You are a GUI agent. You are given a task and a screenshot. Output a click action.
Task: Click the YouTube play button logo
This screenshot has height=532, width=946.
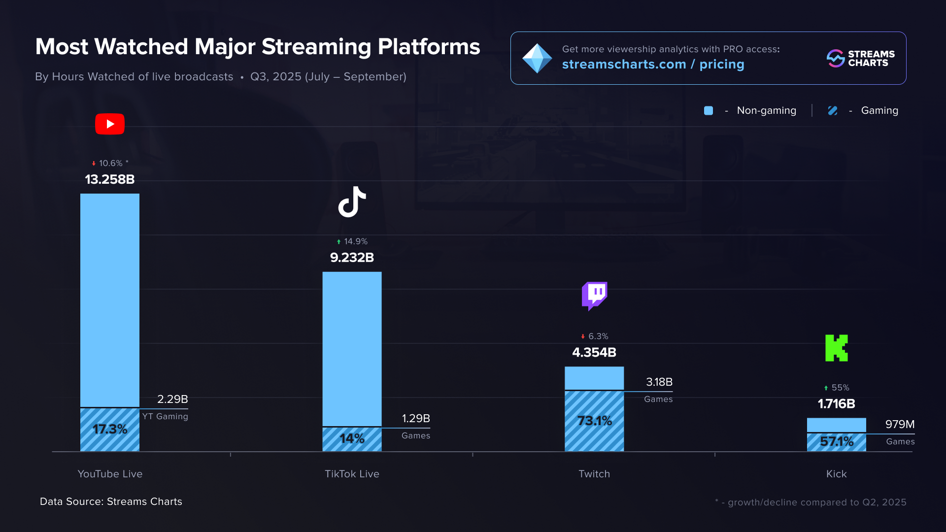pos(110,124)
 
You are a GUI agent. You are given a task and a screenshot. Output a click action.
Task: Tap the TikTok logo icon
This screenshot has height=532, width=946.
pos(352,202)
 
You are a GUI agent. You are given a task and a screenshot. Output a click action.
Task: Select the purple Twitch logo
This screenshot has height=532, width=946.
pos(594,296)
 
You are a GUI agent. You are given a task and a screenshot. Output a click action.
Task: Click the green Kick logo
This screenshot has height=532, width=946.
pos(836,348)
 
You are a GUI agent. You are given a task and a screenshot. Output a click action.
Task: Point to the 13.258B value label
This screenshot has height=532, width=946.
pos(110,179)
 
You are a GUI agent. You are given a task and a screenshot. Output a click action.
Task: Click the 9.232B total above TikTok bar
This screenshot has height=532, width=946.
pos(352,258)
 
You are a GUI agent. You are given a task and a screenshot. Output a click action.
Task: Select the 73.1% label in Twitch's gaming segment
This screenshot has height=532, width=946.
pos(594,421)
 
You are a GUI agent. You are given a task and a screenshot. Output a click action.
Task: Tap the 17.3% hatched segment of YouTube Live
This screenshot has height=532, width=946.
pos(110,429)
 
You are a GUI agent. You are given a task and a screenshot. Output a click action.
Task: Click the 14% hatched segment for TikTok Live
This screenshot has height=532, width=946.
pos(352,438)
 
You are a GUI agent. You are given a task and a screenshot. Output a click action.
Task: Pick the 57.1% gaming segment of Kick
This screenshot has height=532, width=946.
pos(836,441)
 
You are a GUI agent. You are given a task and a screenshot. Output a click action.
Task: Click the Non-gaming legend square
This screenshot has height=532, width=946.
pos(709,111)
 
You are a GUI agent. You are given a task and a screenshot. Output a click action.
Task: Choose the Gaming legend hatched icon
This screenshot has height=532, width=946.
pos(833,111)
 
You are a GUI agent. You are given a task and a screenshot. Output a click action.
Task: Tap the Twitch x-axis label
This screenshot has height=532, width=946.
pos(594,474)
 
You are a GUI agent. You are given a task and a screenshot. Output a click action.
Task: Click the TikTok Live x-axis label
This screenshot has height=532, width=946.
pos(352,474)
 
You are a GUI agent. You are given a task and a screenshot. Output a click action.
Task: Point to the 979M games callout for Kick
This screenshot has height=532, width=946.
pos(900,425)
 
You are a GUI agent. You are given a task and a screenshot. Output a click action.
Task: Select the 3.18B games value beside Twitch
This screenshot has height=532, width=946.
pos(659,382)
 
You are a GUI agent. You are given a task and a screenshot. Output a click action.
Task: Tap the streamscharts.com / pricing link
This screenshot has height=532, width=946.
pos(653,65)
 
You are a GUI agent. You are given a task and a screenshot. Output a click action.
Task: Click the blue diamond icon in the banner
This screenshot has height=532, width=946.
pos(537,59)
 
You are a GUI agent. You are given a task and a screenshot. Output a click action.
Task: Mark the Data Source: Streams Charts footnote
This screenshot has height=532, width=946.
pos(111,501)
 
